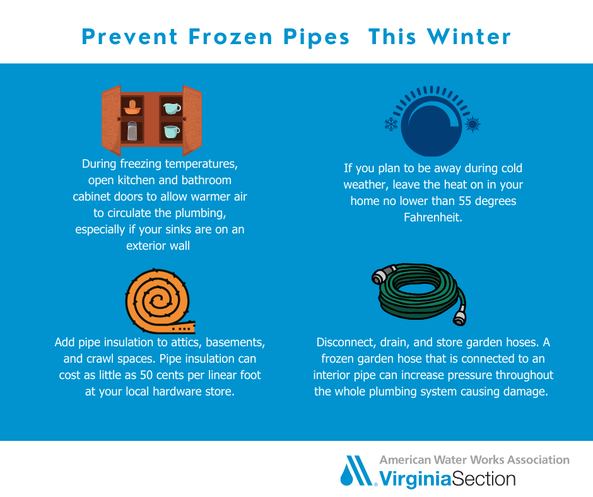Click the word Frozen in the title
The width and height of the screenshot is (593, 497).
230,37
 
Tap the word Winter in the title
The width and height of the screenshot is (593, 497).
469,37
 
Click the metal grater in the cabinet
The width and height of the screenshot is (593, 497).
132,131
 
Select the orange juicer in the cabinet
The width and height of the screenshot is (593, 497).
132,107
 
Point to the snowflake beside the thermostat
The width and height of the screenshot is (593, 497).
391,124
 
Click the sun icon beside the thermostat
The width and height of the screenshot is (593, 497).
473,124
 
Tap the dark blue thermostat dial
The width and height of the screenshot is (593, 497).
431,126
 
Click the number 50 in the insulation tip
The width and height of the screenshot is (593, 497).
146,375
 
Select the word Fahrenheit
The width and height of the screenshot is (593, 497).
433,217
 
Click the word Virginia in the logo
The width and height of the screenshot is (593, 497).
415,479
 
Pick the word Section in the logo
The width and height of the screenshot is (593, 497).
484,479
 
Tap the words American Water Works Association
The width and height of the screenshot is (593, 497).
474,460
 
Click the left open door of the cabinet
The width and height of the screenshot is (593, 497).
111,120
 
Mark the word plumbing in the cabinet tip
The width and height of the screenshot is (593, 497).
200,213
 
